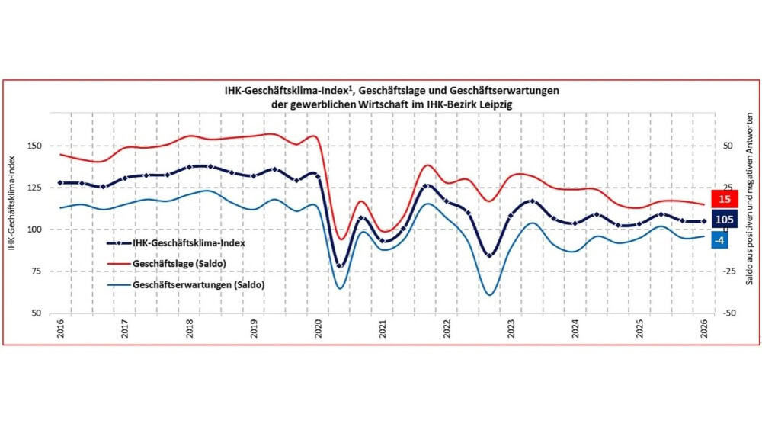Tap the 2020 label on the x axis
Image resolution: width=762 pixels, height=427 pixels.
click(318, 328)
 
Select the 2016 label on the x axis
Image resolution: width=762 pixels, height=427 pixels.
click(59, 328)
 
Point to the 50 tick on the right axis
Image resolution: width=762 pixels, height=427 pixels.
click(727, 146)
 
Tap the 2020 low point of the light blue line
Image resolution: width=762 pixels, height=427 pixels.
click(339, 287)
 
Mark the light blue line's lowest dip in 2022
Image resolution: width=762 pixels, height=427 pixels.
click(489, 294)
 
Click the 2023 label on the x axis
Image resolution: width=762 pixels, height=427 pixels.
click(512, 328)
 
